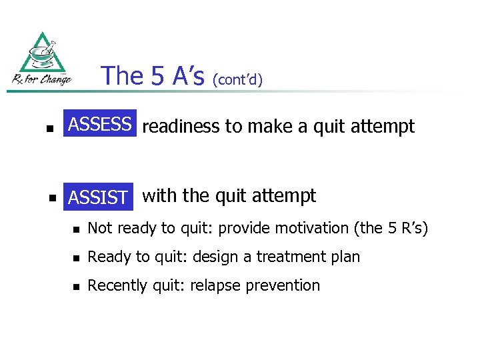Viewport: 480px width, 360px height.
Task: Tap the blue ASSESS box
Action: click(x=100, y=124)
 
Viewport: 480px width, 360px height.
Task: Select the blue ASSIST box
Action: click(x=98, y=197)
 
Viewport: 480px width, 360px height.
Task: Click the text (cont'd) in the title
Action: click(x=237, y=79)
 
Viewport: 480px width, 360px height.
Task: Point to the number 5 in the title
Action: click(x=158, y=76)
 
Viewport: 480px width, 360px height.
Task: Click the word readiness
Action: click(x=180, y=126)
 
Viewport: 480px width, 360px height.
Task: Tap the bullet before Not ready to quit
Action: click(x=77, y=229)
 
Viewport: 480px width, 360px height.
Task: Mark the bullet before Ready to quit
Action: click(x=77, y=258)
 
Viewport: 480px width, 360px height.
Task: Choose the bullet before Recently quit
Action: click(x=77, y=287)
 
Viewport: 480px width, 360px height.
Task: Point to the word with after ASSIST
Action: click(x=160, y=195)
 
